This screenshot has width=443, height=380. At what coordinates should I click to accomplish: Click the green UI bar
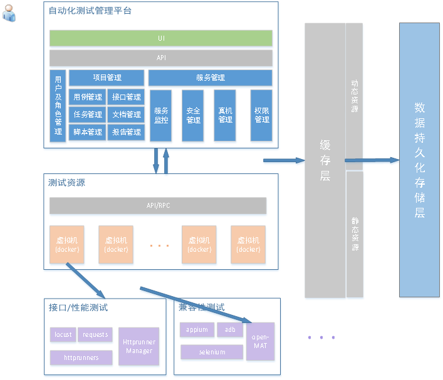[x=161, y=38]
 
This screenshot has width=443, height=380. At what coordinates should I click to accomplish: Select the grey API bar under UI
[x=161, y=58]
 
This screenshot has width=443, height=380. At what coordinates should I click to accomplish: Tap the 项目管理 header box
[x=107, y=78]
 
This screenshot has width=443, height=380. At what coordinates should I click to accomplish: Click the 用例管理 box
[x=88, y=97]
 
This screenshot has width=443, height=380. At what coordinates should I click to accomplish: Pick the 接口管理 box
[x=127, y=97]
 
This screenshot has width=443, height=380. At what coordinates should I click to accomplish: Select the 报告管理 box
[x=127, y=132]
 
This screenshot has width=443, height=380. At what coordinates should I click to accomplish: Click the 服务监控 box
[x=162, y=115]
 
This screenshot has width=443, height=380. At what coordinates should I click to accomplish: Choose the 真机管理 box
[x=225, y=115]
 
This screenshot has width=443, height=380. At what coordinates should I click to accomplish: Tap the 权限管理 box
[x=261, y=115]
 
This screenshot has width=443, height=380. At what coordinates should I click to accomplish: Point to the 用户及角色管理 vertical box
[x=58, y=105]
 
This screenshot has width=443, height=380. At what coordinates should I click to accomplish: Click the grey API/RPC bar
[x=158, y=205]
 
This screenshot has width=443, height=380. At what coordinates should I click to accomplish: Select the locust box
[x=63, y=334]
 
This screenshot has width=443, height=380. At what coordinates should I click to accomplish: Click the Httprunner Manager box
[x=138, y=346]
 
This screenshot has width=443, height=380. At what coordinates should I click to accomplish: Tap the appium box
[x=197, y=330]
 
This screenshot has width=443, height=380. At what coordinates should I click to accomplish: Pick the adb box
[x=231, y=330]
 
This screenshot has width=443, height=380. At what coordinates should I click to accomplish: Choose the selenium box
[x=212, y=352]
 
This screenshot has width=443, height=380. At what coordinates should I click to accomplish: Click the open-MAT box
[x=260, y=341]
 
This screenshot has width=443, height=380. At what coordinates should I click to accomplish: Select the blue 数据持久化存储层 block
[x=419, y=160]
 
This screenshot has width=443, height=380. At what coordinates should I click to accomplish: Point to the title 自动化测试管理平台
[x=90, y=11]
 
